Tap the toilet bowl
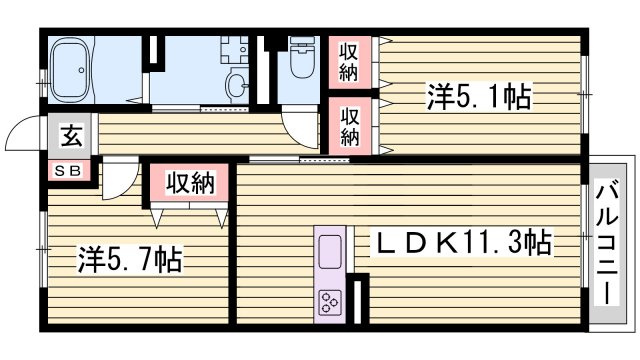[299, 57]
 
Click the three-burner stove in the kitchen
[330, 300]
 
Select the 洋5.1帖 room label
[478, 98]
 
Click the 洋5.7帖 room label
[130, 262]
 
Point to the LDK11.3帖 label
[463, 242]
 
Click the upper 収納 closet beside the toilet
[348, 62]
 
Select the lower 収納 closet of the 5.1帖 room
[348, 124]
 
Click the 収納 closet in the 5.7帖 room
[190, 184]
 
